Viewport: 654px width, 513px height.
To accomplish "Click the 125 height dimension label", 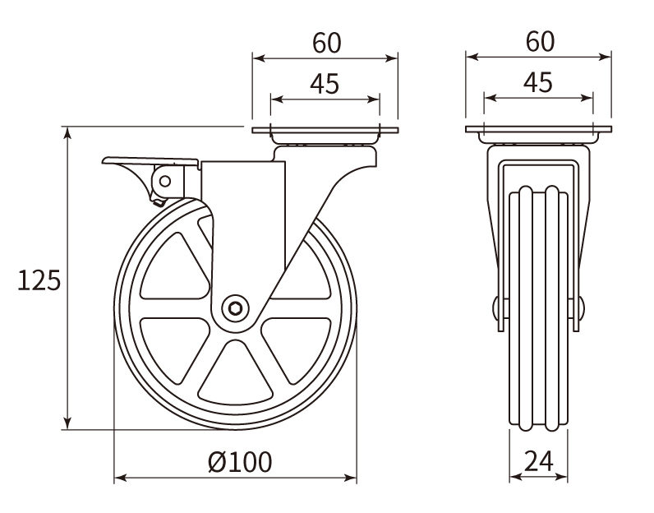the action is [39, 280].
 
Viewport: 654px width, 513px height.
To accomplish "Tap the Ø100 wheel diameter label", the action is [240, 462].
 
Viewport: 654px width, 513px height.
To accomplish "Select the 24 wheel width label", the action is [538, 461].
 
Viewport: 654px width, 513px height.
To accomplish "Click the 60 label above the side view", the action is [326, 43].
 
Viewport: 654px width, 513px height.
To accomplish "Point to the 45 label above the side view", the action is [325, 84].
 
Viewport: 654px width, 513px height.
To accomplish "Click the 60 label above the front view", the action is [540, 41].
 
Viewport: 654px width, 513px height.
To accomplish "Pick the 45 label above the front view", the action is [538, 82].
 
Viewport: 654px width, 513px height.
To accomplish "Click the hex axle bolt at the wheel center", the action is [235, 309].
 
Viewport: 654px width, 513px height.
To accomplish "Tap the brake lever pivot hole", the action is [165, 181].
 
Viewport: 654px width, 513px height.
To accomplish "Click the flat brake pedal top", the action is [150, 161].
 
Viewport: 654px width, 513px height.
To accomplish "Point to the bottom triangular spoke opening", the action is [236, 372].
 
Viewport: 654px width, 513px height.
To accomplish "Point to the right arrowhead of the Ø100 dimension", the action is [350, 478].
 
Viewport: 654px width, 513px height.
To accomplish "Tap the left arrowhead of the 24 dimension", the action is [516, 476].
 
